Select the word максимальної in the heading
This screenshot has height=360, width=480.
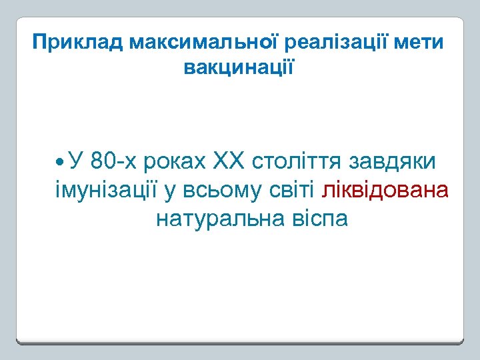(x=205, y=43)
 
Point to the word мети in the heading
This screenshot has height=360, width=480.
(x=419, y=43)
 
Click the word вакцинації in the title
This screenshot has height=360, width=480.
(x=238, y=67)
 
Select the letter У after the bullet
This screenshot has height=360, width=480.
(x=75, y=161)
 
